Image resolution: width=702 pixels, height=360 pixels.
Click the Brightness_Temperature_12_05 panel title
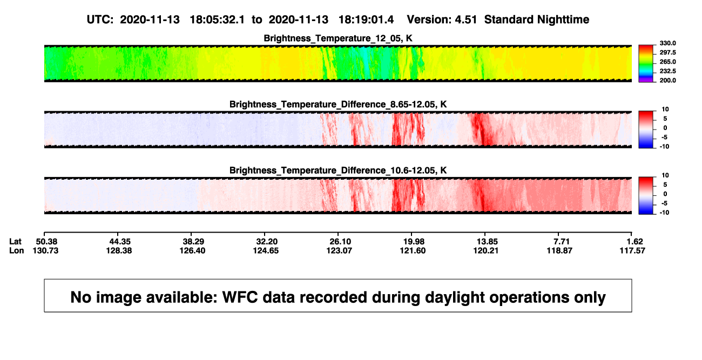pos(338,38)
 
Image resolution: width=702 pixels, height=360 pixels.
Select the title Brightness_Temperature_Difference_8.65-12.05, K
pos(338,104)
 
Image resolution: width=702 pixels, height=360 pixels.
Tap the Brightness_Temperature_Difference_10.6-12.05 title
pos(338,171)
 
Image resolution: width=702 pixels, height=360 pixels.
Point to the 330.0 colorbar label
pos(667,43)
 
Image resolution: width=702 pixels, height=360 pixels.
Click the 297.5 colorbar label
pos(667,52)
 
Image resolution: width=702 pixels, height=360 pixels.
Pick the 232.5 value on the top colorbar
pos(667,71)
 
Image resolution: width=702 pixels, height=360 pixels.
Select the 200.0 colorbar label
pos(667,80)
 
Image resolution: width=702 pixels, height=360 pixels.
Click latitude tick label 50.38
pos(46,242)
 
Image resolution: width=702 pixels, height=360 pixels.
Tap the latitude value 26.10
pos(340,242)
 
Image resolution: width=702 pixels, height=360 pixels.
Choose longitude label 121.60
pos(413,250)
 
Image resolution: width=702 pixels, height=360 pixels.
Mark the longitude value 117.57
pos(632,250)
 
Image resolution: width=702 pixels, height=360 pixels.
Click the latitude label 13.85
pos(487,242)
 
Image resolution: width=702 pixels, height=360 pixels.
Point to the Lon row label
pos(17,250)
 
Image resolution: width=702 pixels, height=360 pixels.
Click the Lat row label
pos(15,242)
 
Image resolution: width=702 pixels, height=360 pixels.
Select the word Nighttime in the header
pos(563,20)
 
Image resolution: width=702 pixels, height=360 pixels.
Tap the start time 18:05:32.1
pos(217,20)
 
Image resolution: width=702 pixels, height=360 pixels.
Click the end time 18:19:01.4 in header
pos(366,20)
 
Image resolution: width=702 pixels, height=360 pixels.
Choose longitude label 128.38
pos(119,250)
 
